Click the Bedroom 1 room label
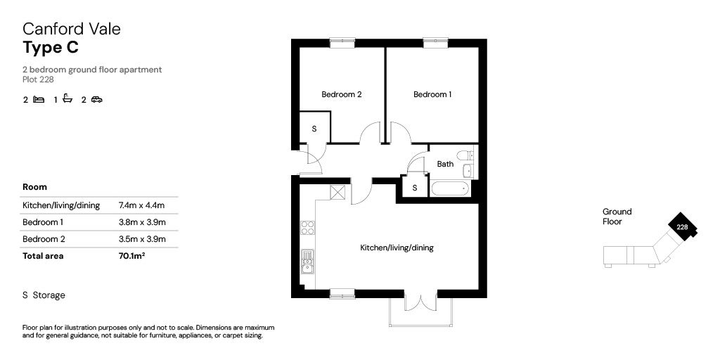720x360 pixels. point(432,95)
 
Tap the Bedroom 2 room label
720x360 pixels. point(341,95)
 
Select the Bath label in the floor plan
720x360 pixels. point(445,164)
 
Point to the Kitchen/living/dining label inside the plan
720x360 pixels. point(397,248)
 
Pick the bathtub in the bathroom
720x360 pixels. point(450,188)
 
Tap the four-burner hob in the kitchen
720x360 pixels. point(308,228)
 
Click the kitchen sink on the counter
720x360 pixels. point(308,262)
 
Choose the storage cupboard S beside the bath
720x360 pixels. point(415,187)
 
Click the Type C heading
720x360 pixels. point(51,47)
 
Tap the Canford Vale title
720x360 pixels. point(72,29)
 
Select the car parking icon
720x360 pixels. point(96,99)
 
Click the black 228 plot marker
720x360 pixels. point(682,226)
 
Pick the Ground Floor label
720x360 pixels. point(617,217)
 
